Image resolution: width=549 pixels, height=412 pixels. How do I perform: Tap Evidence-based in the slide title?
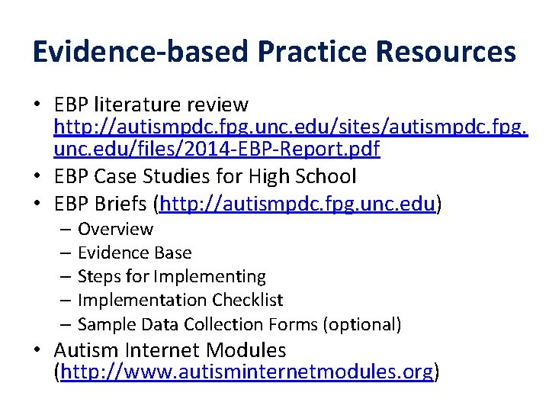[x=140, y=52]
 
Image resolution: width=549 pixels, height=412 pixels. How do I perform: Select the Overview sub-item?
[x=115, y=229]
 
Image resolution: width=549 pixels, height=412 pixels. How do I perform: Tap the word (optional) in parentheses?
[x=362, y=324]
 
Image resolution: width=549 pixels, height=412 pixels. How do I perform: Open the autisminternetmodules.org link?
[x=246, y=372]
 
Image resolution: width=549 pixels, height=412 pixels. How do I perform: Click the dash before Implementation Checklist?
[x=66, y=300]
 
